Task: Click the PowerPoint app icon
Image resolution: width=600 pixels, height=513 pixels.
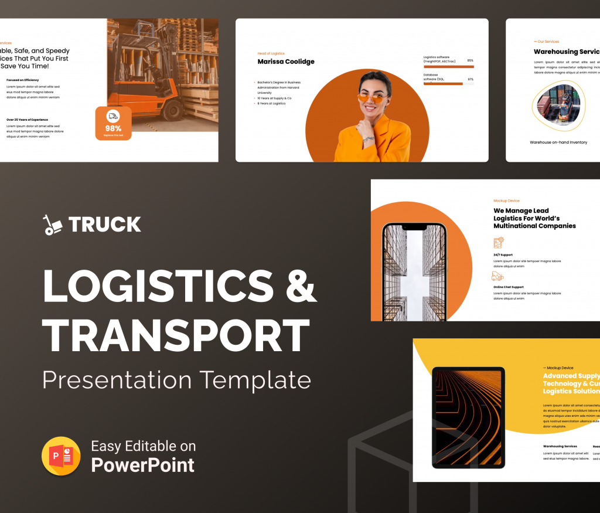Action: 61,456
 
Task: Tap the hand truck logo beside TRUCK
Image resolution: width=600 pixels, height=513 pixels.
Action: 53,225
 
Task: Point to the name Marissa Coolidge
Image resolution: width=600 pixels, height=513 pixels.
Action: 286,62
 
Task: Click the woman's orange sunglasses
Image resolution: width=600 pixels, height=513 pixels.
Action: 373,98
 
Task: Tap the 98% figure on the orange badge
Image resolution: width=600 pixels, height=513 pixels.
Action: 113,128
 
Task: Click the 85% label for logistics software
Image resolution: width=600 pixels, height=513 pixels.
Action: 470,60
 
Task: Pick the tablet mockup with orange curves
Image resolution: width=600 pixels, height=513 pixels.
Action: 468,417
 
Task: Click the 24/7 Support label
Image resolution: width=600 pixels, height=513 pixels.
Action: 504,255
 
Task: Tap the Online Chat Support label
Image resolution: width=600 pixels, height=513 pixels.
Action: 509,287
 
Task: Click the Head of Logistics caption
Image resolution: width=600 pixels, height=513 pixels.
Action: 271,53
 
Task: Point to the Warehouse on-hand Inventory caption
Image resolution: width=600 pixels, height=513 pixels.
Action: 558,142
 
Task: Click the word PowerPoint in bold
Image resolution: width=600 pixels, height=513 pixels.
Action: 142,466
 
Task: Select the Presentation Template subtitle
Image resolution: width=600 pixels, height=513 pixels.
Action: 176,379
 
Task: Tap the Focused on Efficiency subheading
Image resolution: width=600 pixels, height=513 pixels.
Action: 23,80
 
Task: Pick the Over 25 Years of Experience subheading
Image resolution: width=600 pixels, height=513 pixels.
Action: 27,120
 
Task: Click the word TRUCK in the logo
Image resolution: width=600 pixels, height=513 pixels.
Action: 104,225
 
